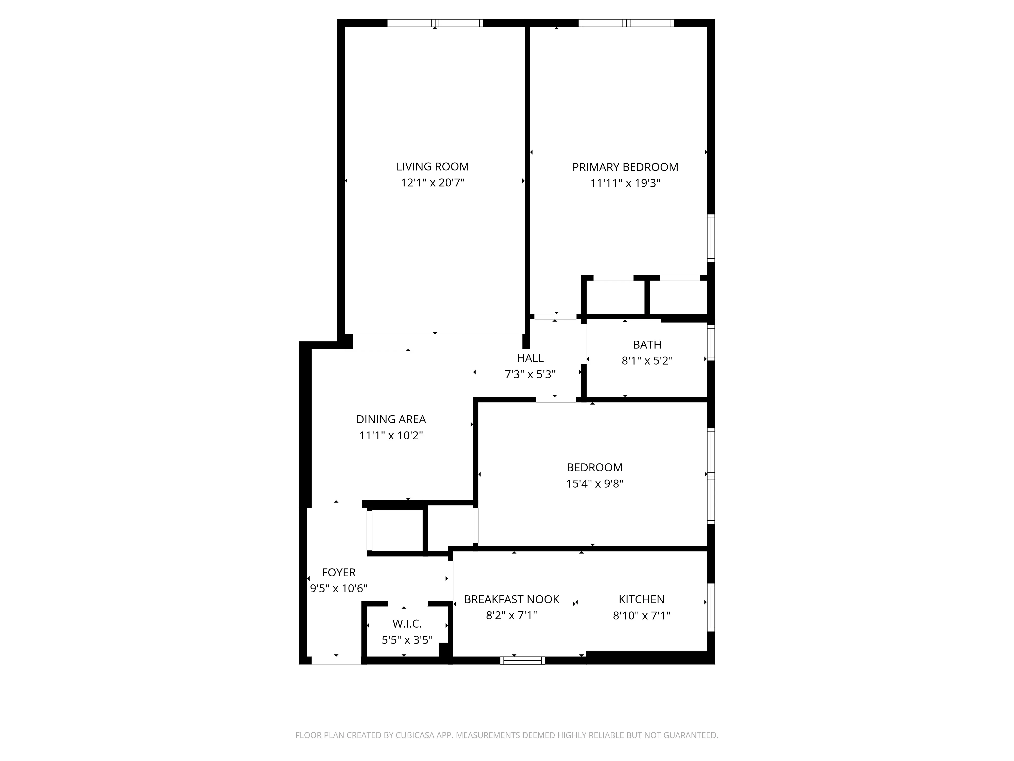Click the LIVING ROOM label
(x=432, y=166)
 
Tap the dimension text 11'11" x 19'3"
(x=625, y=183)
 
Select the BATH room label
(x=647, y=344)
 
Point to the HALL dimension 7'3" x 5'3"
(x=530, y=374)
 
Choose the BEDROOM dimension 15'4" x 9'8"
(x=594, y=483)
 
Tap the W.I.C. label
(x=407, y=624)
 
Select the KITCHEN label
(x=641, y=599)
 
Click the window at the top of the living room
(x=434, y=23)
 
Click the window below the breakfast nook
(x=522, y=661)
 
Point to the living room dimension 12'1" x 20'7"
(x=432, y=183)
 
